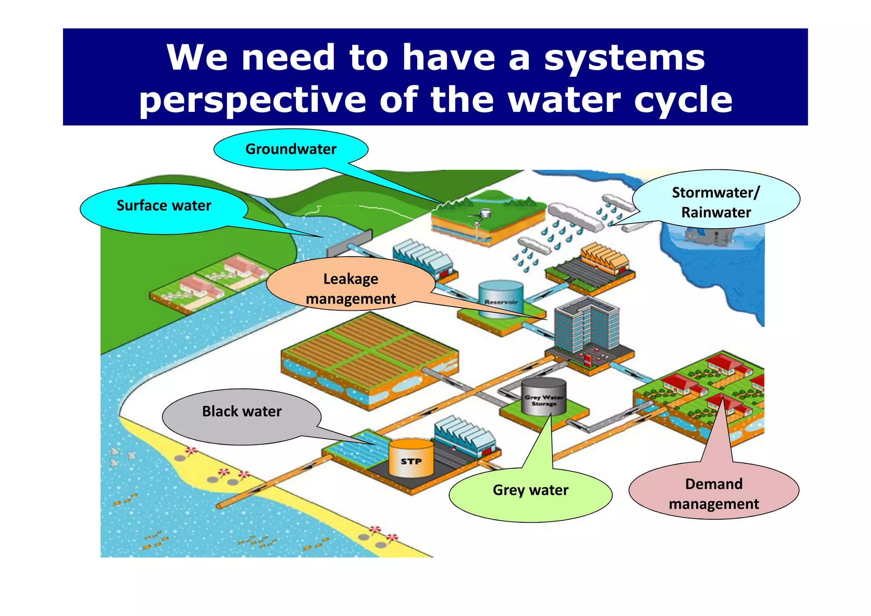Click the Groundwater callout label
(291, 149)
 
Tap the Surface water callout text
(164, 206)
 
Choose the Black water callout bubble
(242, 412)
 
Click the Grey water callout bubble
(530, 490)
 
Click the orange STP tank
(411, 458)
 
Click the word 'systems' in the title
(624, 58)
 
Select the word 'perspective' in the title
(252, 100)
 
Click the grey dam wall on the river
(350, 243)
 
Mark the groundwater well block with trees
(488, 217)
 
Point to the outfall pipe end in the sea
(219, 506)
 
